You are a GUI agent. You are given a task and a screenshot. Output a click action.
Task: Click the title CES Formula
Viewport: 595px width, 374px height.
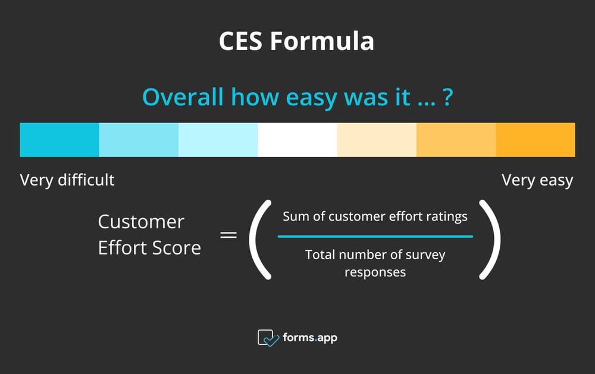[x=296, y=42]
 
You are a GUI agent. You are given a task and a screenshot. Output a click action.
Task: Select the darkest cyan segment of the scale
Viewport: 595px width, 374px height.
[x=59, y=140]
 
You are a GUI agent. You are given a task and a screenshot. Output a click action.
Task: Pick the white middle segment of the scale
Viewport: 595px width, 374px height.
[x=297, y=140]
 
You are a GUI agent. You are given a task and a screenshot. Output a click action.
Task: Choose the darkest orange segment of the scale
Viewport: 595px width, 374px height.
[x=535, y=140]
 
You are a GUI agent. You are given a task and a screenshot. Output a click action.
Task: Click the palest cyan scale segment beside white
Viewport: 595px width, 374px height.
[x=218, y=140]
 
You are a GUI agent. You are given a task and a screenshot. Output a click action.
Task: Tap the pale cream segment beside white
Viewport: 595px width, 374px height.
[x=377, y=140]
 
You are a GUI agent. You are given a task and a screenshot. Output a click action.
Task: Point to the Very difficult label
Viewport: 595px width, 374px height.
[x=67, y=180]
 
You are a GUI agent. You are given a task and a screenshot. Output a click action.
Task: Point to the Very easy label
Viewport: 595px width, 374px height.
[x=537, y=180]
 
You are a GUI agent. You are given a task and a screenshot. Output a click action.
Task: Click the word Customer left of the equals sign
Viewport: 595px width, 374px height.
[x=141, y=222]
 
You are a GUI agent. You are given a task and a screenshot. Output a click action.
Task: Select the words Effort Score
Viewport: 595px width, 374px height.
[x=149, y=247]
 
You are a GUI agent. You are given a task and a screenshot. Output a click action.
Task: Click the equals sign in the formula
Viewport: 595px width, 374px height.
[x=228, y=235]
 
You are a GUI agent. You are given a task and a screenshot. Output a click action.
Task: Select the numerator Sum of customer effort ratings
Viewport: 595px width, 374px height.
[x=375, y=216]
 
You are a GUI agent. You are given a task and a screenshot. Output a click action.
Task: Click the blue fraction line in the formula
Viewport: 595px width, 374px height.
[x=375, y=237]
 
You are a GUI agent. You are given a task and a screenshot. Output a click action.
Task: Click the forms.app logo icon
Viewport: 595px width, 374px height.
[x=268, y=338]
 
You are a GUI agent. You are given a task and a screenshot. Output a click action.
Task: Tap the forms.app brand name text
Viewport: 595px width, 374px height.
[x=310, y=338]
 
